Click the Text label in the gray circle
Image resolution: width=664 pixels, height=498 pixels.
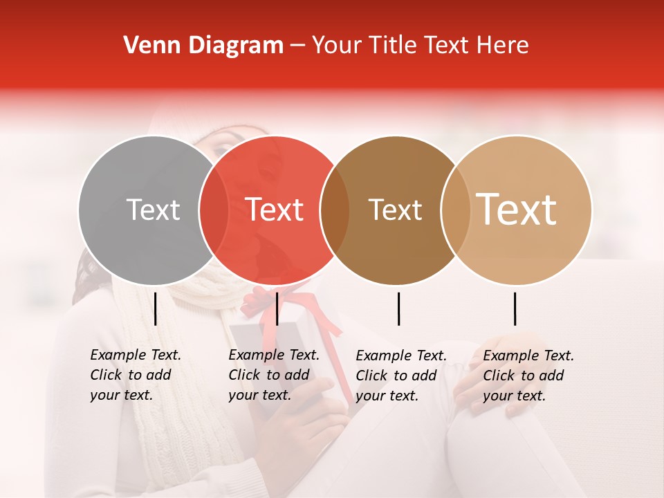click(153, 210)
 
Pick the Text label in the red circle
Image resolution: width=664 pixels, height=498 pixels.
click(275, 210)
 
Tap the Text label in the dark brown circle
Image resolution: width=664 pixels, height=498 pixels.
click(395, 210)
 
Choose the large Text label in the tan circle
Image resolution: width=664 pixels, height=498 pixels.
click(517, 210)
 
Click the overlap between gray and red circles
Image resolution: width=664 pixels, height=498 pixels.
click(214, 210)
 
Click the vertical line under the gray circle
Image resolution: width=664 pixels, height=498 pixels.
click(156, 308)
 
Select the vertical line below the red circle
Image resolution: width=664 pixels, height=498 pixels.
click(277, 308)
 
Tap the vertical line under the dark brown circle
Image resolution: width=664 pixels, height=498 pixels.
click(398, 308)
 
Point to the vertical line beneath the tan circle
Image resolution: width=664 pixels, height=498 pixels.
click(515, 308)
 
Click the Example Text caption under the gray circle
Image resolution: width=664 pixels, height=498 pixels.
click(135, 375)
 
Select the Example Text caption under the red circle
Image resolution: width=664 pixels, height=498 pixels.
click(273, 375)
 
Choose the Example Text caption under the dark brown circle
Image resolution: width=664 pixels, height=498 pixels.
click(400, 376)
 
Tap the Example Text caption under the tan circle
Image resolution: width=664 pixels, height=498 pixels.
click(528, 376)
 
